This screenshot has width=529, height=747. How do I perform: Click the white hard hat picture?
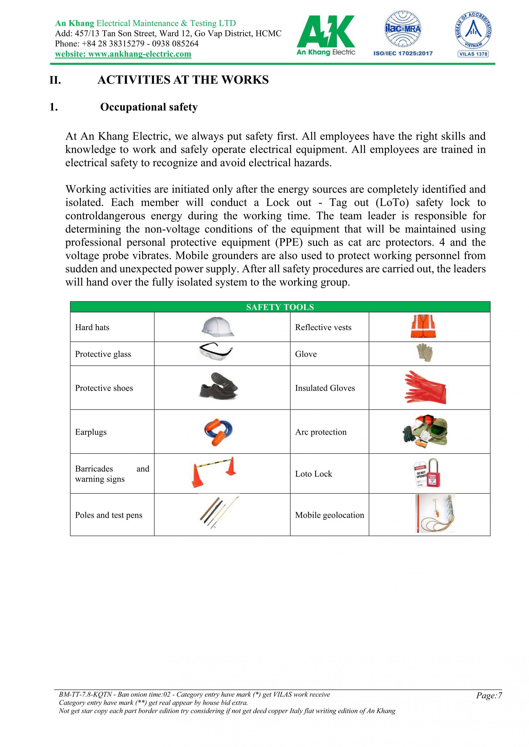click(218, 327)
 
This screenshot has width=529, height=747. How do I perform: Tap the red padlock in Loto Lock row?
click(434, 474)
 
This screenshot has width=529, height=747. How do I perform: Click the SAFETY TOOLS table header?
click(280, 307)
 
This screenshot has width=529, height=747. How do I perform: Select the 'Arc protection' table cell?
click(321, 432)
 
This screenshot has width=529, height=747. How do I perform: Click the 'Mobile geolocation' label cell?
click(329, 515)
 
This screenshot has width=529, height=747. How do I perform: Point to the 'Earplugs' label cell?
click(91, 432)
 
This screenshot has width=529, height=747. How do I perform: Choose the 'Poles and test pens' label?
click(109, 515)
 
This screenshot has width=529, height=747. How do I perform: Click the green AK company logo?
click(325, 36)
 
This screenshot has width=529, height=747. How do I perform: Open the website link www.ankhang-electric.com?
click(123, 54)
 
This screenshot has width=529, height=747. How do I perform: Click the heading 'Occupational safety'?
click(149, 107)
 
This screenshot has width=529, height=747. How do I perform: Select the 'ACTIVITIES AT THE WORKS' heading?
click(183, 80)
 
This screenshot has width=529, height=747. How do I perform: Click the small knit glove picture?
click(425, 353)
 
